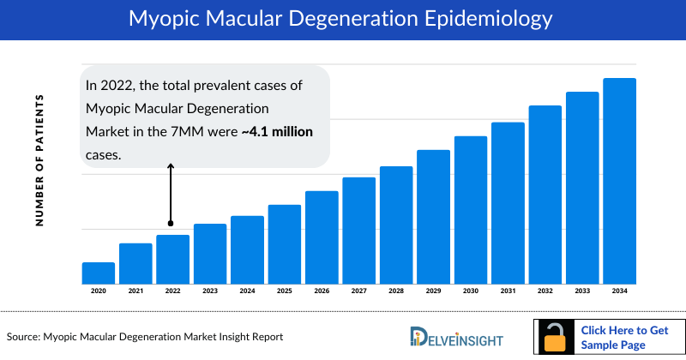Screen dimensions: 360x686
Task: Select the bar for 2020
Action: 99,273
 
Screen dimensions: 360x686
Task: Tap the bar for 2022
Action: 172,259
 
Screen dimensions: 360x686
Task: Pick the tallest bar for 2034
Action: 619,181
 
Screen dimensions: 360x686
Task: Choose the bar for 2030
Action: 471,209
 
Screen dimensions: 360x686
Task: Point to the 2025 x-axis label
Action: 284,292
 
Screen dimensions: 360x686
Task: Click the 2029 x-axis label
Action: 433,292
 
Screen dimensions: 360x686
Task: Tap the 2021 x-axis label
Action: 135,292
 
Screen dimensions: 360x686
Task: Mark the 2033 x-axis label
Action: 582,292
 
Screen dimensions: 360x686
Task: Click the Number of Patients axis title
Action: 39,161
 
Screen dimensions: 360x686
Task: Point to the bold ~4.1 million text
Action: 277,132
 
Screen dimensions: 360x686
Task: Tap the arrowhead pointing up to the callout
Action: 171,167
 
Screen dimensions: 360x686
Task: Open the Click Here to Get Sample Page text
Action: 624,337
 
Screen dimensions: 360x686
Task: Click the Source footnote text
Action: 145,337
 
